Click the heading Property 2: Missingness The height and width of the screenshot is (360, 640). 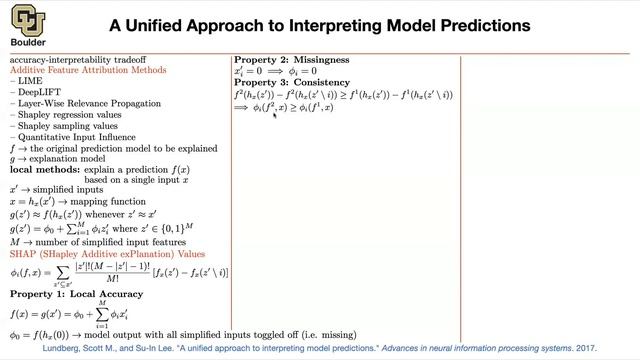click(292, 60)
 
